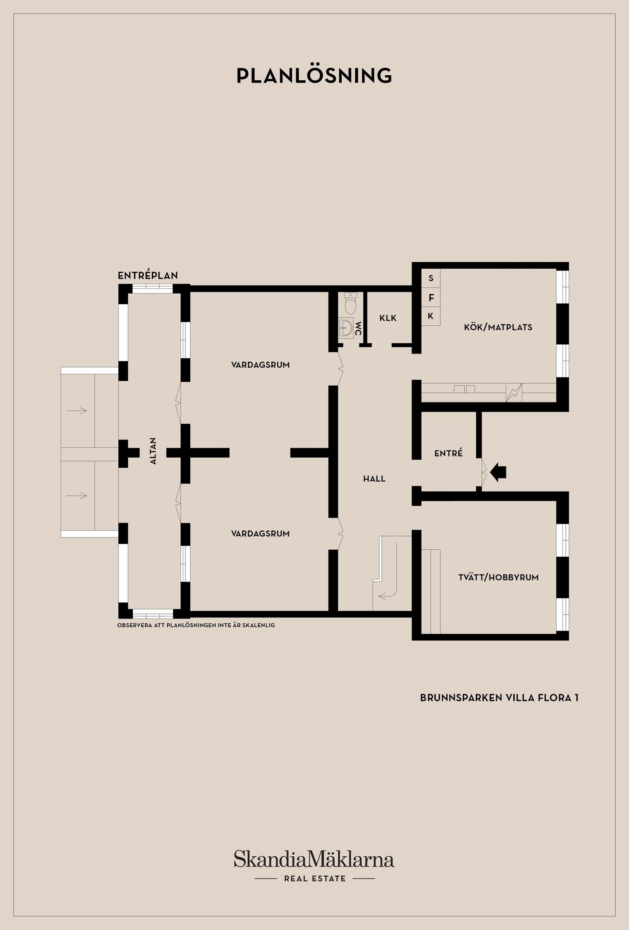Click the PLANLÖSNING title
(x=314, y=75)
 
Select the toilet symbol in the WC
(x=351, y=303)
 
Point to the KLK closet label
(x=388, y=318)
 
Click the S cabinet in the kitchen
(x=430, y=278)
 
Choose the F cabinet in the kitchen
(x=430, y=298)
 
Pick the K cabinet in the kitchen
(x=430, y=316)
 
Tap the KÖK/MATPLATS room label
(x=498, y=327)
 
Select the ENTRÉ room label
(x=448, y=453)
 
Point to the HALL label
(x=374, y=479)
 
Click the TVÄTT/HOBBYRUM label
(x=499, y=578)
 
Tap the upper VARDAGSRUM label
(x=260, y=365)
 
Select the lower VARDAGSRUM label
(x=260, y=533)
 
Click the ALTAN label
(x=153, y=451)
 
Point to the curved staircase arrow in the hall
(x=396, y=576)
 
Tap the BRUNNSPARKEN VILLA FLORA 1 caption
(x=499, y=697)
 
